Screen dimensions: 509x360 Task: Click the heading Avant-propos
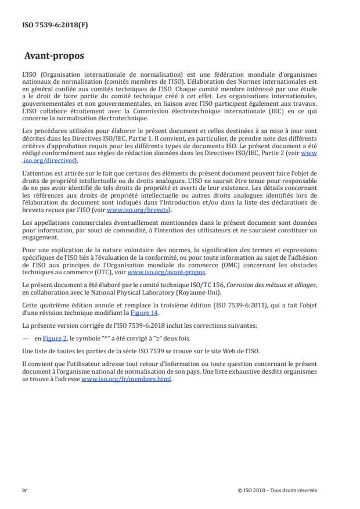pos(54,57)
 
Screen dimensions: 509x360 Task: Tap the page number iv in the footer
pos(24,490)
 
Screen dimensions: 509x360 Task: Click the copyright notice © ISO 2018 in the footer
pos(278,490)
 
